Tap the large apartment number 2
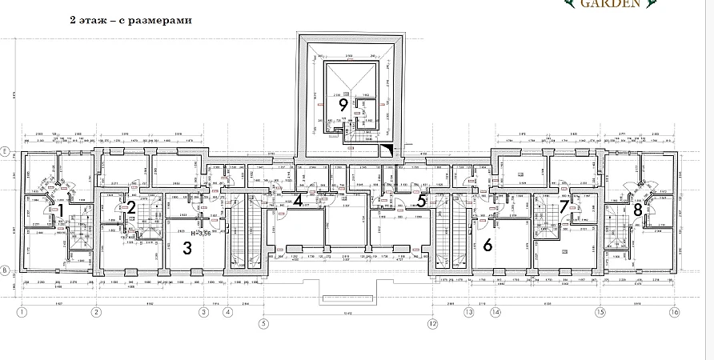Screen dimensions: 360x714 130,208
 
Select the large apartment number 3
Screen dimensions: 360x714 187,248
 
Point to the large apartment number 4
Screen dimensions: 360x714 297,200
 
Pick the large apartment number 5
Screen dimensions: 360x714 421,201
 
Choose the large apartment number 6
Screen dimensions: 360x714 487,245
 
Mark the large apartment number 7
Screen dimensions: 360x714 564,206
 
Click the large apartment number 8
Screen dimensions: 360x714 637,210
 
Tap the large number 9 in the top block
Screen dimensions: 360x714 343,104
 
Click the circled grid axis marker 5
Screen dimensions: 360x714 261,324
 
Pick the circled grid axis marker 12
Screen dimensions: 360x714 433,324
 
